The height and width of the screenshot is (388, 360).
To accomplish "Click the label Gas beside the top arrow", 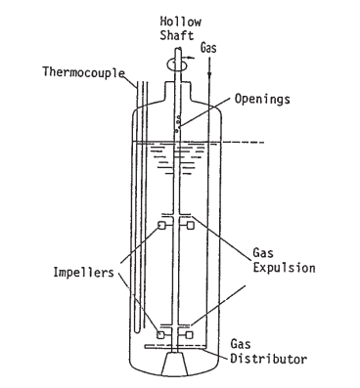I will (x=209, y=46).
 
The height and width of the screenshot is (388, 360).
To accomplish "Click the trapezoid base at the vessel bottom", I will (x=177, y=364).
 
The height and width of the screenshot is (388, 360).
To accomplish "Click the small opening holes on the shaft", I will (x=177, y=124).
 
